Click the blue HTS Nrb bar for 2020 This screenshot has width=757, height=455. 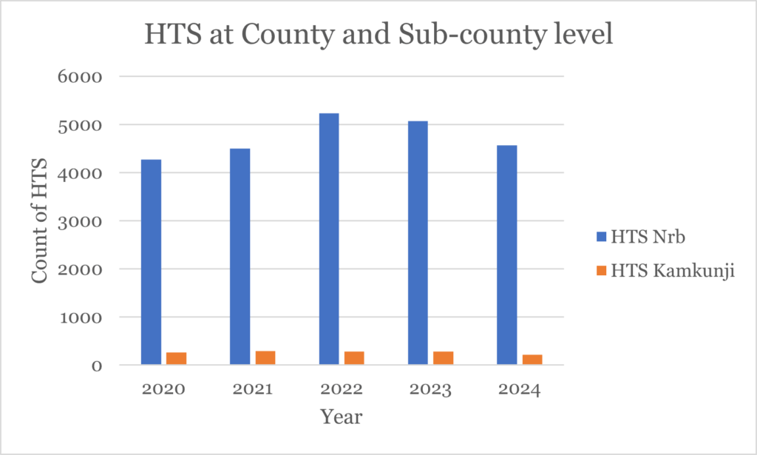coord(151,262)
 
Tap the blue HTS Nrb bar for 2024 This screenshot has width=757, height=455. coord(506,255)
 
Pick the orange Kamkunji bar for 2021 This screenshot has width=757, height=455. coord(265,357)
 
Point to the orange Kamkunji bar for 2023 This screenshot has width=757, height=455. coord(443,358)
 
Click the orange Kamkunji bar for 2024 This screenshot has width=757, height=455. coord(532,360)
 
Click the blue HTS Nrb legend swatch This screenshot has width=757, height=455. coord(600,237)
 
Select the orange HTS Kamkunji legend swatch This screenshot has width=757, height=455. coord(600,271)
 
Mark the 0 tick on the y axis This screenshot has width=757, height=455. coord(96,365)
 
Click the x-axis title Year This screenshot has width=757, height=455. coord(341,417)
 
